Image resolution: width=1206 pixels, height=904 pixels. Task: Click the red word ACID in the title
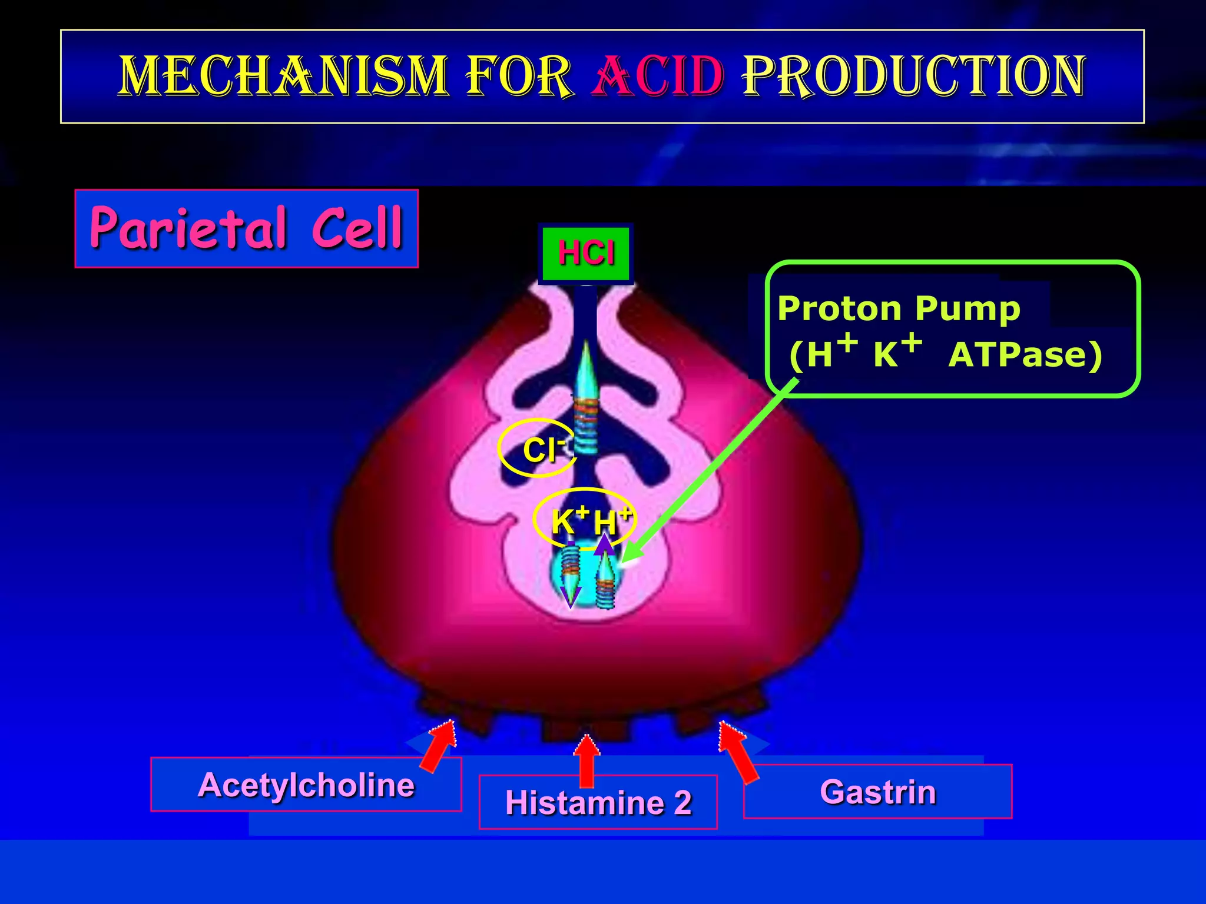point(658,77)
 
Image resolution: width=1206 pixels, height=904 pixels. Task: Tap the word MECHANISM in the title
point(283,77)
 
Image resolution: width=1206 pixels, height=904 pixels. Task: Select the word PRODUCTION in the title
point(913,77)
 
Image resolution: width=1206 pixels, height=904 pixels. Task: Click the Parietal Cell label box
point(246,228)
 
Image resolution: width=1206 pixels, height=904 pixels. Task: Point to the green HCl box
point(586,254)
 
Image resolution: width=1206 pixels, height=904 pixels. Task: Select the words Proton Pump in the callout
point(899,308)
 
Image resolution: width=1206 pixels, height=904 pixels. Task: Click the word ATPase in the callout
point(1025,355)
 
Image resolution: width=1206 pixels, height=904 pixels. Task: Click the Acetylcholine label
point(306,785)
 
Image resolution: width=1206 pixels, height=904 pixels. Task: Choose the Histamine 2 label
point(598,803)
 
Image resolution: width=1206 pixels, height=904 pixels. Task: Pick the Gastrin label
point(877,792)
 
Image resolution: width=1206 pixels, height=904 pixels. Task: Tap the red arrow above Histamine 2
point(587,759)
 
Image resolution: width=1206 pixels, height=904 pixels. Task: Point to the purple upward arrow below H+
point(604,544)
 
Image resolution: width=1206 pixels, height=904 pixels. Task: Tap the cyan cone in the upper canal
point(587,371)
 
